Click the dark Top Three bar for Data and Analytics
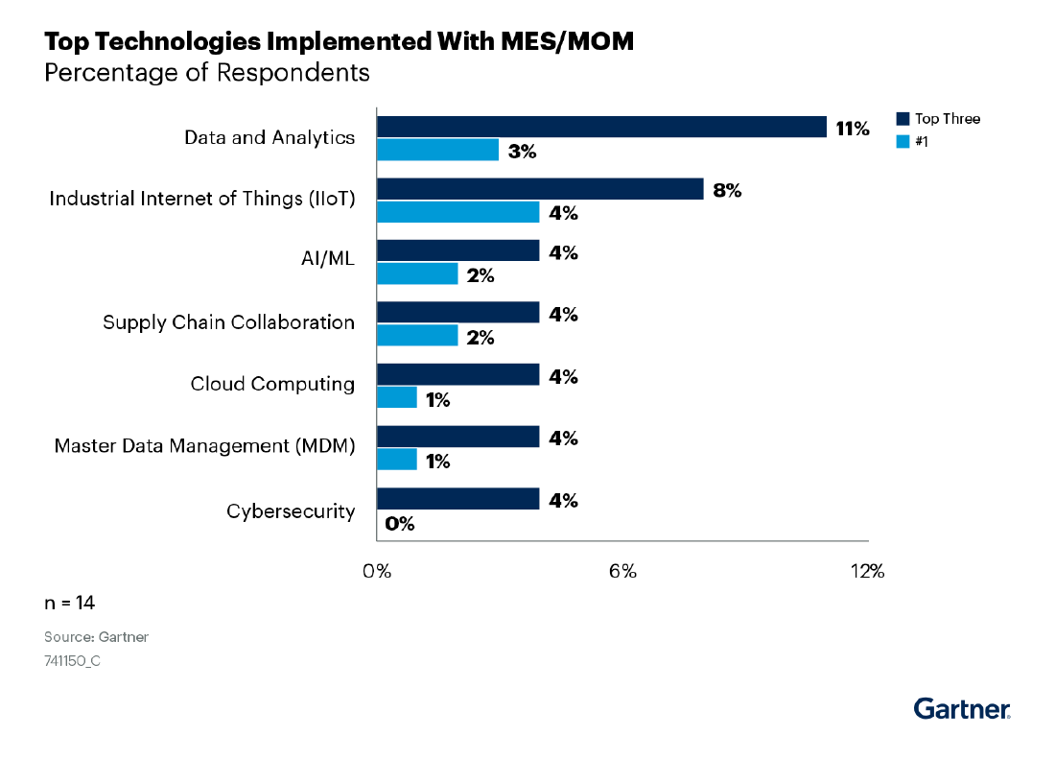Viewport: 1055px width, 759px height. coord(601,127)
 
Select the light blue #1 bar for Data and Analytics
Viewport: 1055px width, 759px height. coord(437,150)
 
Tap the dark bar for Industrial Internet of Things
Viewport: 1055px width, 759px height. coord(540,189)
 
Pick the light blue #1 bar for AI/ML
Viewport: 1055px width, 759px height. coord(417,273)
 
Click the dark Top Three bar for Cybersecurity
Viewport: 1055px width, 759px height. coord(457,499)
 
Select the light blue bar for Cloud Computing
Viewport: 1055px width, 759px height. coord(396,397)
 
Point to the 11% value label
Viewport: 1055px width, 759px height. coord(852,129)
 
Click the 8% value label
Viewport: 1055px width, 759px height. coord(727,190)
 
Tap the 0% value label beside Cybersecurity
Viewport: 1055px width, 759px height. coord(399,524)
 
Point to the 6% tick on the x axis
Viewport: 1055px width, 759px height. coord(622,572)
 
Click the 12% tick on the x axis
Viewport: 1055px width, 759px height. coord(867,572)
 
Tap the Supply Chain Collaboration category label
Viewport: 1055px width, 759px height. coord(228,322)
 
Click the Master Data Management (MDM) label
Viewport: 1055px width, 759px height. coord(204,446)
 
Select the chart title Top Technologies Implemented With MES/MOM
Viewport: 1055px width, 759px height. coord(339,42)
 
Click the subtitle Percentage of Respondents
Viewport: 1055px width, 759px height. coord(207,73)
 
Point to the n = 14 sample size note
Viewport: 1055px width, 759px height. coord(69,603)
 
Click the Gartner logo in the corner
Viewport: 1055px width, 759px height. coord(962,708)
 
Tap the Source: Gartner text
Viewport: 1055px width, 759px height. coord(96,637)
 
